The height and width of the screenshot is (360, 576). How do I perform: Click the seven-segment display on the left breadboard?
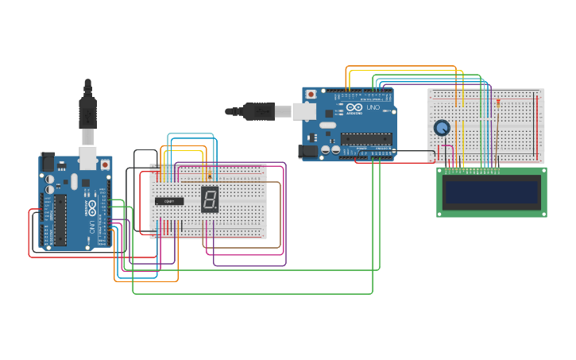click(210, 199)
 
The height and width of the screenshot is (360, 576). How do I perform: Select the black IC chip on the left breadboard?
click(169, 202)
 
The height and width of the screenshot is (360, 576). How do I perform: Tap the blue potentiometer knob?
click(441, 127)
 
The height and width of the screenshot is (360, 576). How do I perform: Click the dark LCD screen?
click(492, 192)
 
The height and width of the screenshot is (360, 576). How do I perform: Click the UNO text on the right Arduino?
click(373, 107)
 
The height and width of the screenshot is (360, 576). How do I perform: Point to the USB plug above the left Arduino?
click(87, 111)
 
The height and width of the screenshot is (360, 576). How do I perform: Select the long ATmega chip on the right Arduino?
click(366, 138)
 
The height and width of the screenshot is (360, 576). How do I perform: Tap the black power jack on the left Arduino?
click(47, 163)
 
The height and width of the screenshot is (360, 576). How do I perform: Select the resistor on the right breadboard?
click(498, 102)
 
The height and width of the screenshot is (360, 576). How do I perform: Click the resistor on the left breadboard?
click(210, 174)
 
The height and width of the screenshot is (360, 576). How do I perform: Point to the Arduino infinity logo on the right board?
click(354, 107)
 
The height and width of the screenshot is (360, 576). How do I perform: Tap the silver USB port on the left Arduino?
click(87, 158)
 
